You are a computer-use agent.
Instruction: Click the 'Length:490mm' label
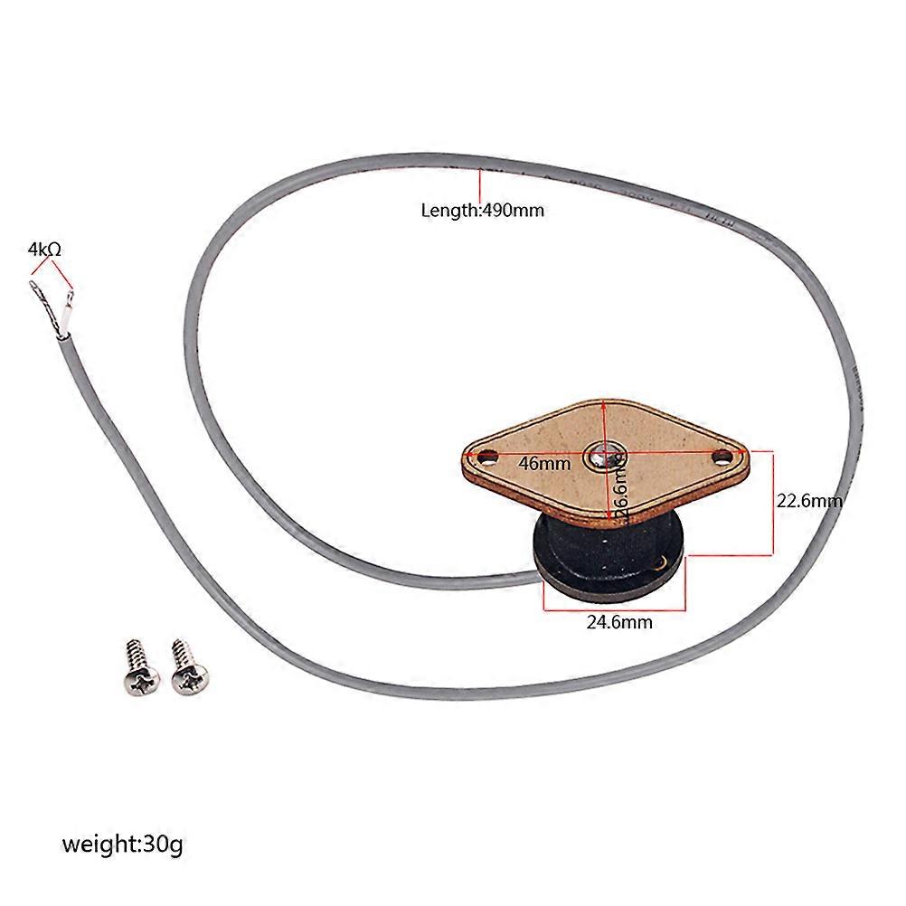tap(483, 210)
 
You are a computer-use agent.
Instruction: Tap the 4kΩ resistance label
tap(44, 249)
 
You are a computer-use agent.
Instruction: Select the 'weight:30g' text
tap(122, 845)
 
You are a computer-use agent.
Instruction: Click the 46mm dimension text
tap(544, 464)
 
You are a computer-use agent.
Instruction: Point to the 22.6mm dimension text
tap(809, 500)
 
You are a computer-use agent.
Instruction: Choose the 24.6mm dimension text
tap(619, 622)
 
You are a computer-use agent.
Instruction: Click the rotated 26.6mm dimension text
tap(620, 486)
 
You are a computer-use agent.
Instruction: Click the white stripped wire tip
tap(68, 312)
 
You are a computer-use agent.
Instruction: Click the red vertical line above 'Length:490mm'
tap(479, 185)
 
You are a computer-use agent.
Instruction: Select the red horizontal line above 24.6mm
tap(615, 609)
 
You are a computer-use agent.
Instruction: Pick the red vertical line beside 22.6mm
tap(772, 503)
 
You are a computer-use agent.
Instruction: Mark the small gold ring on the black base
tap(659, 564)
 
